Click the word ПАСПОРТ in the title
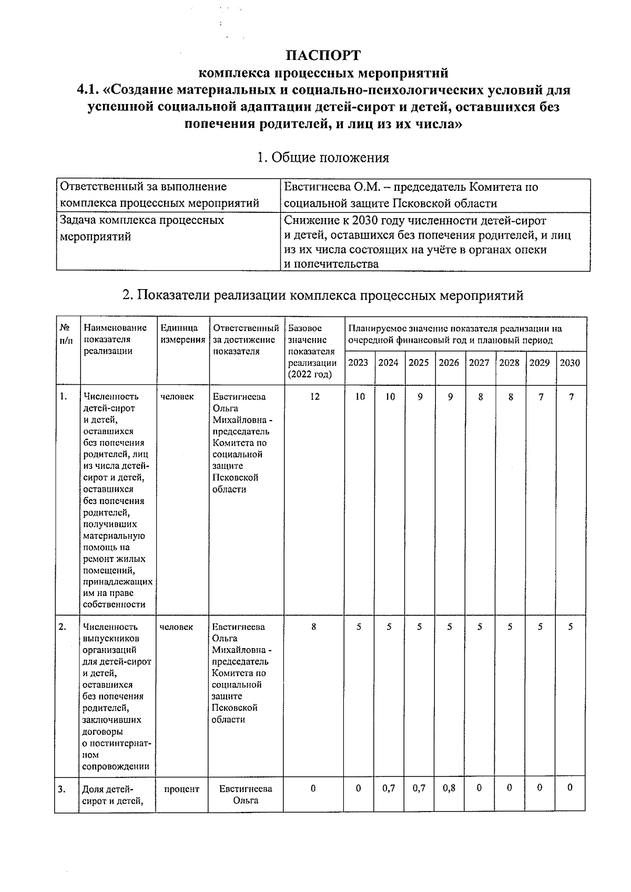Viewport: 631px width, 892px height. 323,55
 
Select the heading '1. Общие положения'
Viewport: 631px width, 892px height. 323,158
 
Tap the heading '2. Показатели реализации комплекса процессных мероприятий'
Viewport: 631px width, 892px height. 323,295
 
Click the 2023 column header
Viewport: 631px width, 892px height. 358,363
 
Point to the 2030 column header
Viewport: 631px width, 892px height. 570,363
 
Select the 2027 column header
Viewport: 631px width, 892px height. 479,363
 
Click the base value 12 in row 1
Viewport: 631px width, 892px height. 314,397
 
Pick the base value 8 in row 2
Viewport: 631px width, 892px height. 313,627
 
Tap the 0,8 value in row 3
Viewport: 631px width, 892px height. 449,788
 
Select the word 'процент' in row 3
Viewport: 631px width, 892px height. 181,789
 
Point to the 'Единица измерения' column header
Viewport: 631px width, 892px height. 182,334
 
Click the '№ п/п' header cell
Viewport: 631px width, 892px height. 66,334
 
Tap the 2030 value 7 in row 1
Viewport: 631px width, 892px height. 571,397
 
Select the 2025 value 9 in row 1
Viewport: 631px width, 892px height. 419,397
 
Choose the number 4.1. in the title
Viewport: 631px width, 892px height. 88,90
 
